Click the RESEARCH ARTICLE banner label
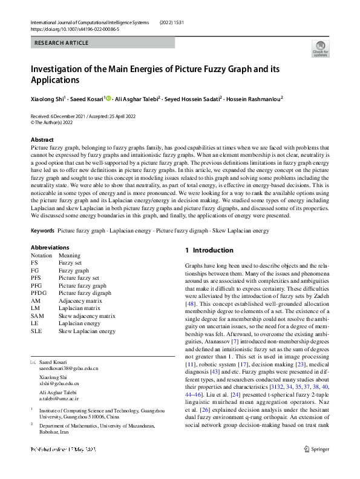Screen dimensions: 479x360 click(62, 43)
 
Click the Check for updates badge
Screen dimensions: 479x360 click(320, 48)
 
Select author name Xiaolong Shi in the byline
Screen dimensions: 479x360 click(47, 98)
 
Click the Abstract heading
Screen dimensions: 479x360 click(42, 140)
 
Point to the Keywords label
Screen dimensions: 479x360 click(42, 231)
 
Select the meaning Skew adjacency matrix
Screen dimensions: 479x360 click(87, 315)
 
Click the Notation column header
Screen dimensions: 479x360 click(42, 255)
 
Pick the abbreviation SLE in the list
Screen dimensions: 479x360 click(37, 331)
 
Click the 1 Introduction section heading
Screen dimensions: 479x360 click(209, 250)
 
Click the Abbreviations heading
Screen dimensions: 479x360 click(50, 247)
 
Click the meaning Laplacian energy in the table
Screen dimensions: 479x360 click(79, 323)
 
